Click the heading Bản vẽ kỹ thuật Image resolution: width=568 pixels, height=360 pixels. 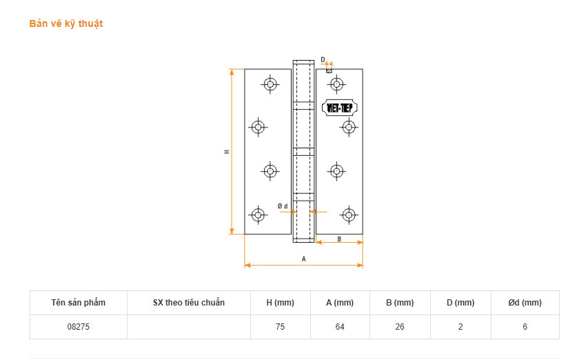[x=66, y=24]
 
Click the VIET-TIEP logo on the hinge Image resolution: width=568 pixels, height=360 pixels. [x=339, y=108]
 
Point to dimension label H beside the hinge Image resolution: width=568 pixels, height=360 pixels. [x=227, y=152]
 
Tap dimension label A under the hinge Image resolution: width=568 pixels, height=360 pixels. [x=303, y=259]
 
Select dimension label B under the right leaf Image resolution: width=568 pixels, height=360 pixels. [x=339, y=239]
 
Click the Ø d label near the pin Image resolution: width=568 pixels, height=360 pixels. [x=283, y=206]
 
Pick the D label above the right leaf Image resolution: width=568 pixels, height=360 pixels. [x=323, y=59]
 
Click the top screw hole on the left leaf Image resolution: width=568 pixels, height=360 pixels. [x=270, y=84]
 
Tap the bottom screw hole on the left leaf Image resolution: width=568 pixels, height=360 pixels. [x=258, y=215]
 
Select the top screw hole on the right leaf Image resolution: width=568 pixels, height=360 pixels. [x=336, y=84]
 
